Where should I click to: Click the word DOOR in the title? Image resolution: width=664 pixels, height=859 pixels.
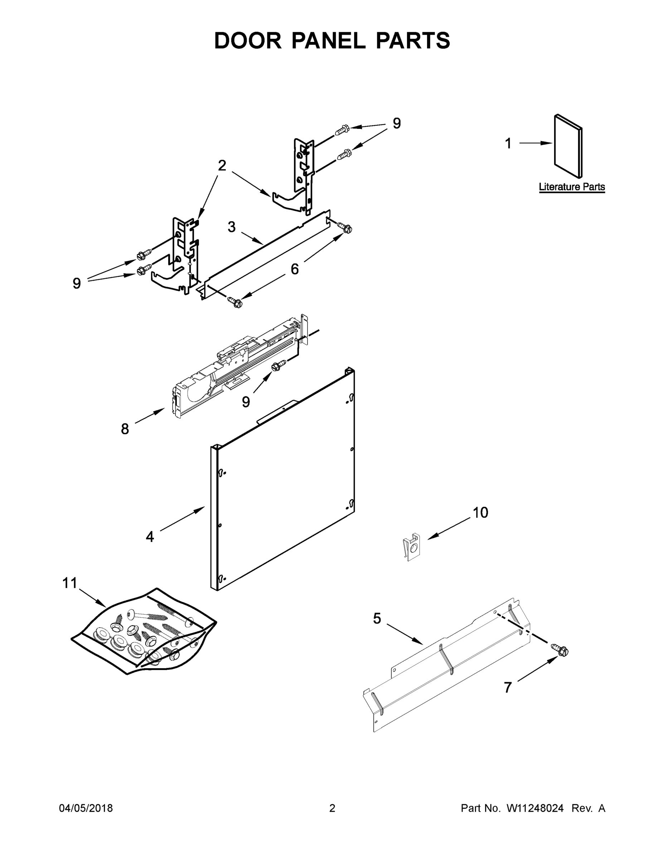tap(248, 40)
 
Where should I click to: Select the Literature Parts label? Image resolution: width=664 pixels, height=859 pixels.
tap(572, 187)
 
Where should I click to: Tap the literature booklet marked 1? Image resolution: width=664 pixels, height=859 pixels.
tap(568, 146)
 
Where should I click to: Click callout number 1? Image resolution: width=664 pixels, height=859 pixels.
tap(508, 144)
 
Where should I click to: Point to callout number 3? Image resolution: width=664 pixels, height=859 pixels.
tap(232, 227)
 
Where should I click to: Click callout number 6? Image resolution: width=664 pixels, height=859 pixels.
tap(295, 269)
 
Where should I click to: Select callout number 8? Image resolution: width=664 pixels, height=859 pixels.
tap(125, 429)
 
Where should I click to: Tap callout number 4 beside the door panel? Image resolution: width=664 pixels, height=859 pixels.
tap(150, 537)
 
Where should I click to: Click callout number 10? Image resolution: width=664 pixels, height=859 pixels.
tap(480, 513)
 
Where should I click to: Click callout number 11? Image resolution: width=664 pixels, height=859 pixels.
tap(70, 583)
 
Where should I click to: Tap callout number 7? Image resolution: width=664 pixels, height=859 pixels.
tap(508, 688)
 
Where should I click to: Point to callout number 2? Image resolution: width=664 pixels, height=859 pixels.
tap(222, 166)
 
